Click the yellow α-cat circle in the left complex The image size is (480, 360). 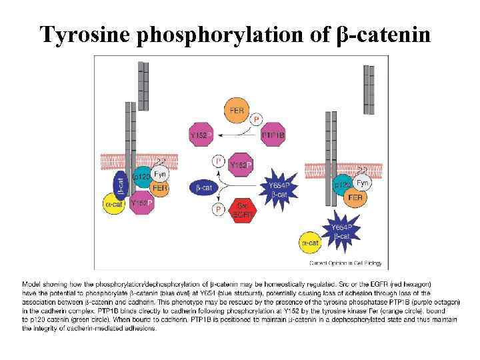114,204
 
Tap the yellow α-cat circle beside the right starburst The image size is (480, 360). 310,243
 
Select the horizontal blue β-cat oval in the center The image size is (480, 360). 204,188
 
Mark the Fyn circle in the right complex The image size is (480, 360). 362,183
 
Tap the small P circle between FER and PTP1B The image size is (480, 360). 257,120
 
